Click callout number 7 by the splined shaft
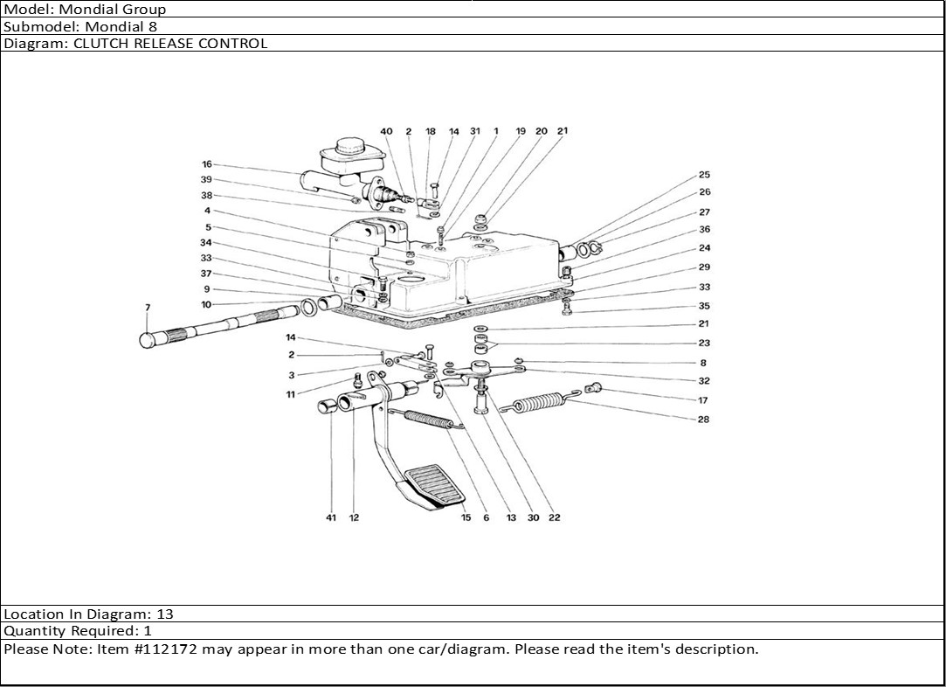click(148, 308)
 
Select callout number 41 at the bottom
click(330, 517)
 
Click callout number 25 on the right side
click(705, 175)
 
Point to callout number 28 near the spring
click(703, 420)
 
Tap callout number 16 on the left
click(207, 164)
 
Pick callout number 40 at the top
click(386, 132)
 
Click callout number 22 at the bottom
click(555, 517)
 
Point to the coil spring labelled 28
click(539, 402)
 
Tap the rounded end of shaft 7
click(148, 340)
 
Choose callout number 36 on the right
click(705, 229)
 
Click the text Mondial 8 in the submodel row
click(121, 26)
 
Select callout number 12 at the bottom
click(354, 517)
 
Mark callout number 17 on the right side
click(703, 400)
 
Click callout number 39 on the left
click(206, 180)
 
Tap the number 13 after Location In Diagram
click(165, 614)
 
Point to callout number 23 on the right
click(704, 343)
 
